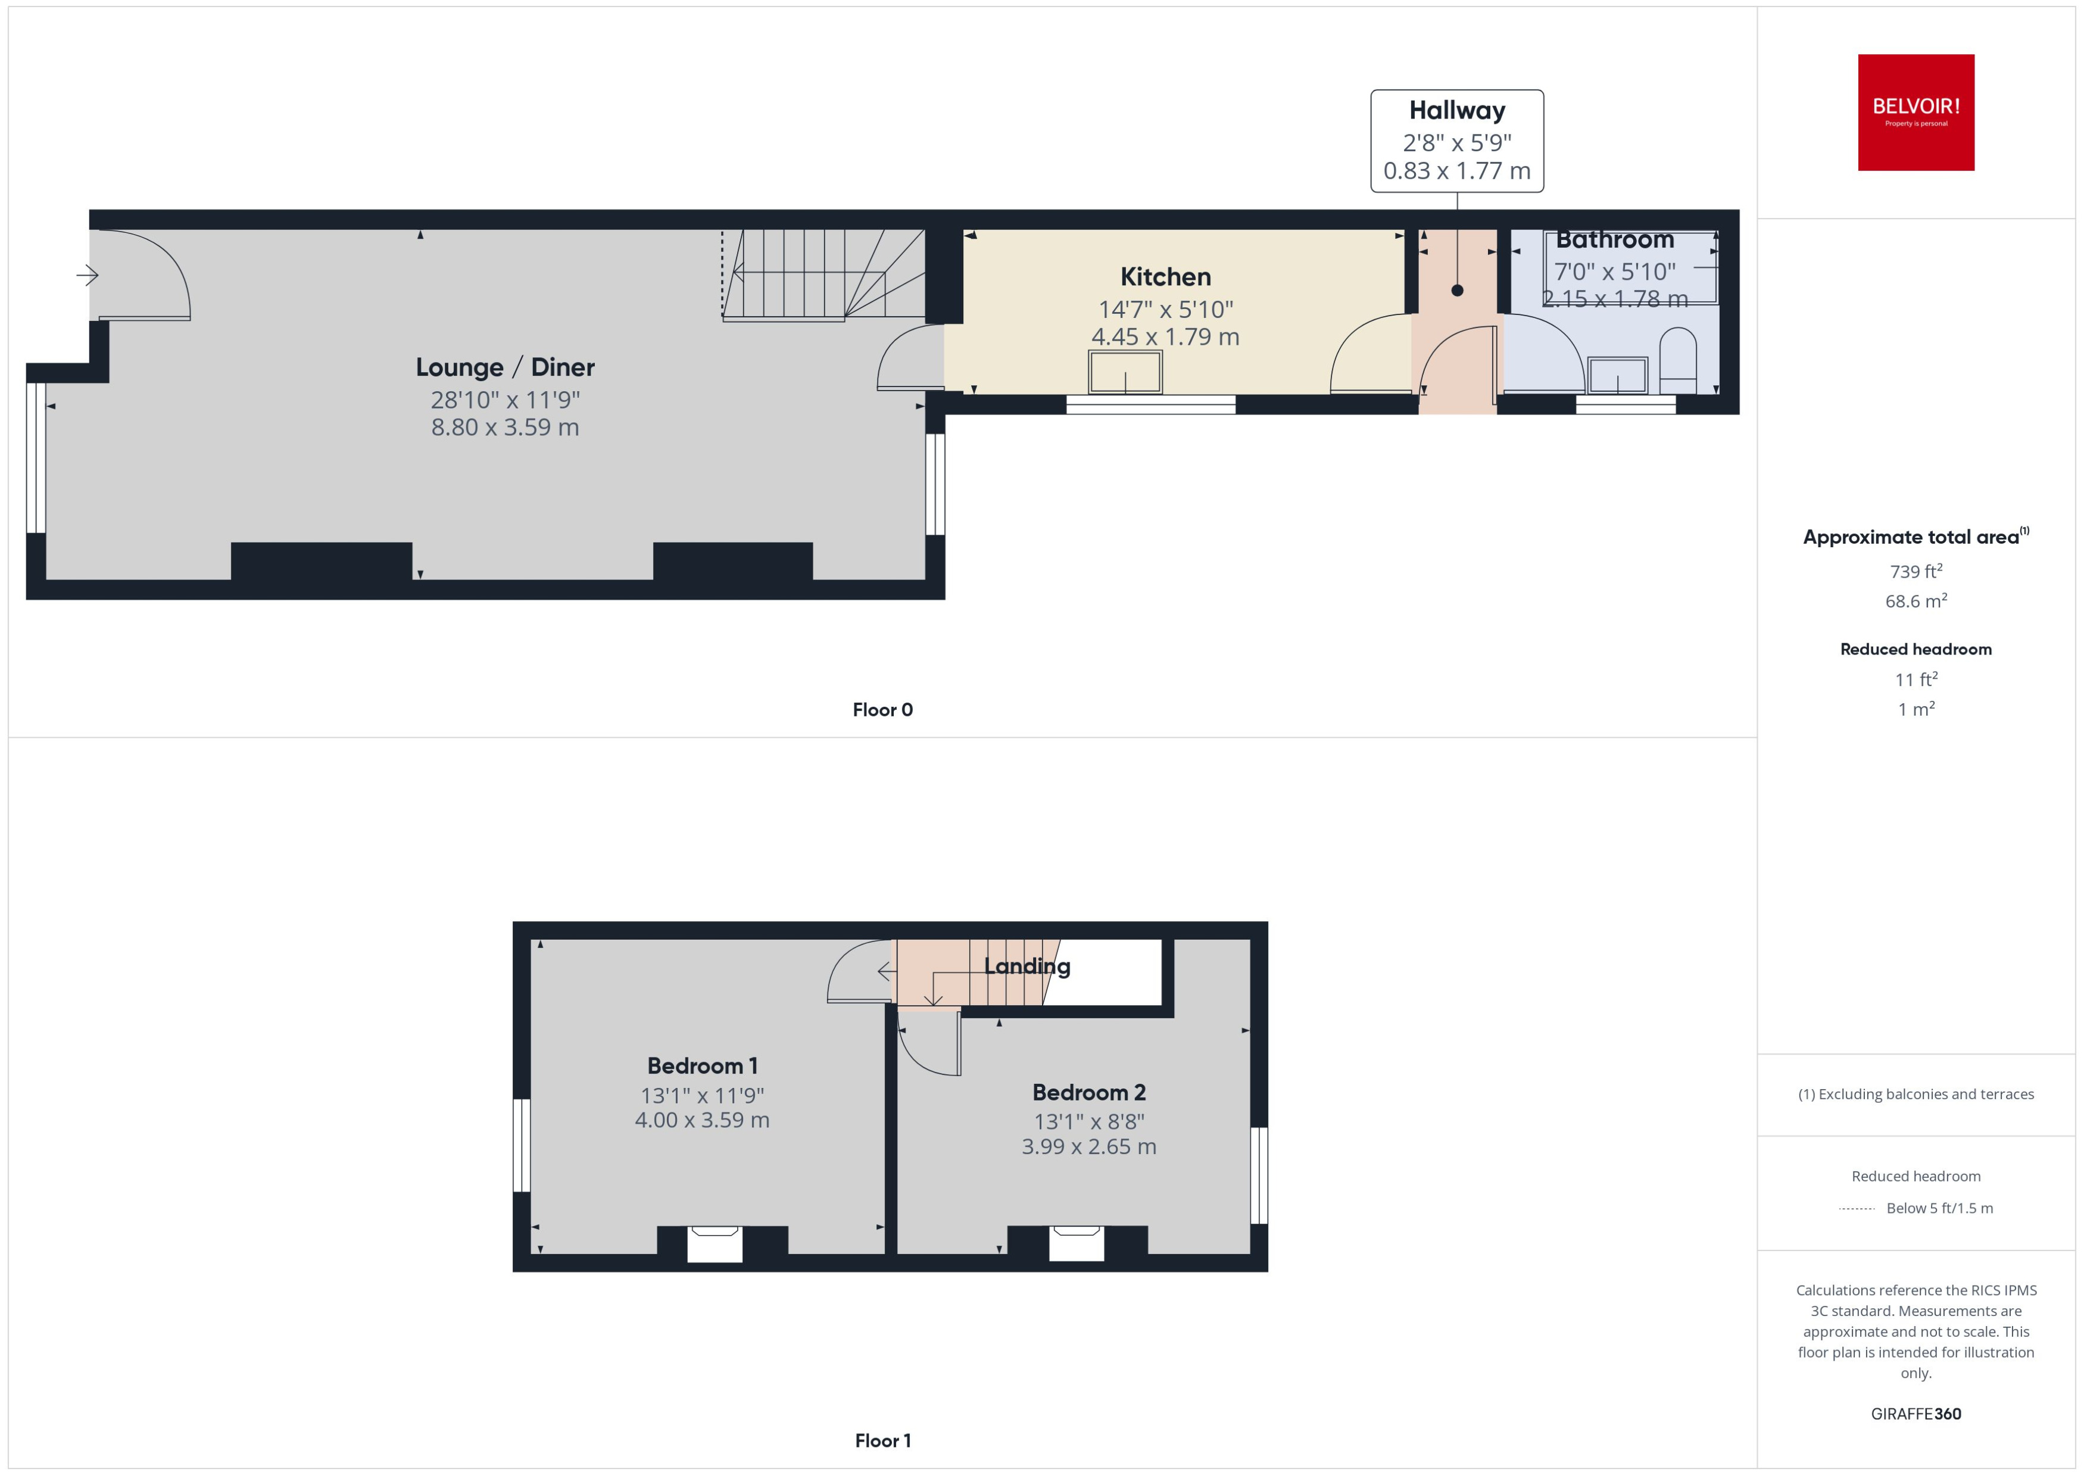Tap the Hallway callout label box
[x=1456, y=141]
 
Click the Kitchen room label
[x=1165, y=277]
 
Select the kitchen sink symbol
[x=1125, y=372]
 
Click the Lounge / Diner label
[x=505, y=367]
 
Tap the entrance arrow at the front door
[x=87, y=275]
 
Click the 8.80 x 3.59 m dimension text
[x=505, y=427]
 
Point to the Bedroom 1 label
[x=702, y=1065]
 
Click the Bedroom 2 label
[x=1089, y=1092]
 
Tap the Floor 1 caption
[x=882, y=1440]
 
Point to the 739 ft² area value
[x=1915, y=571]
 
